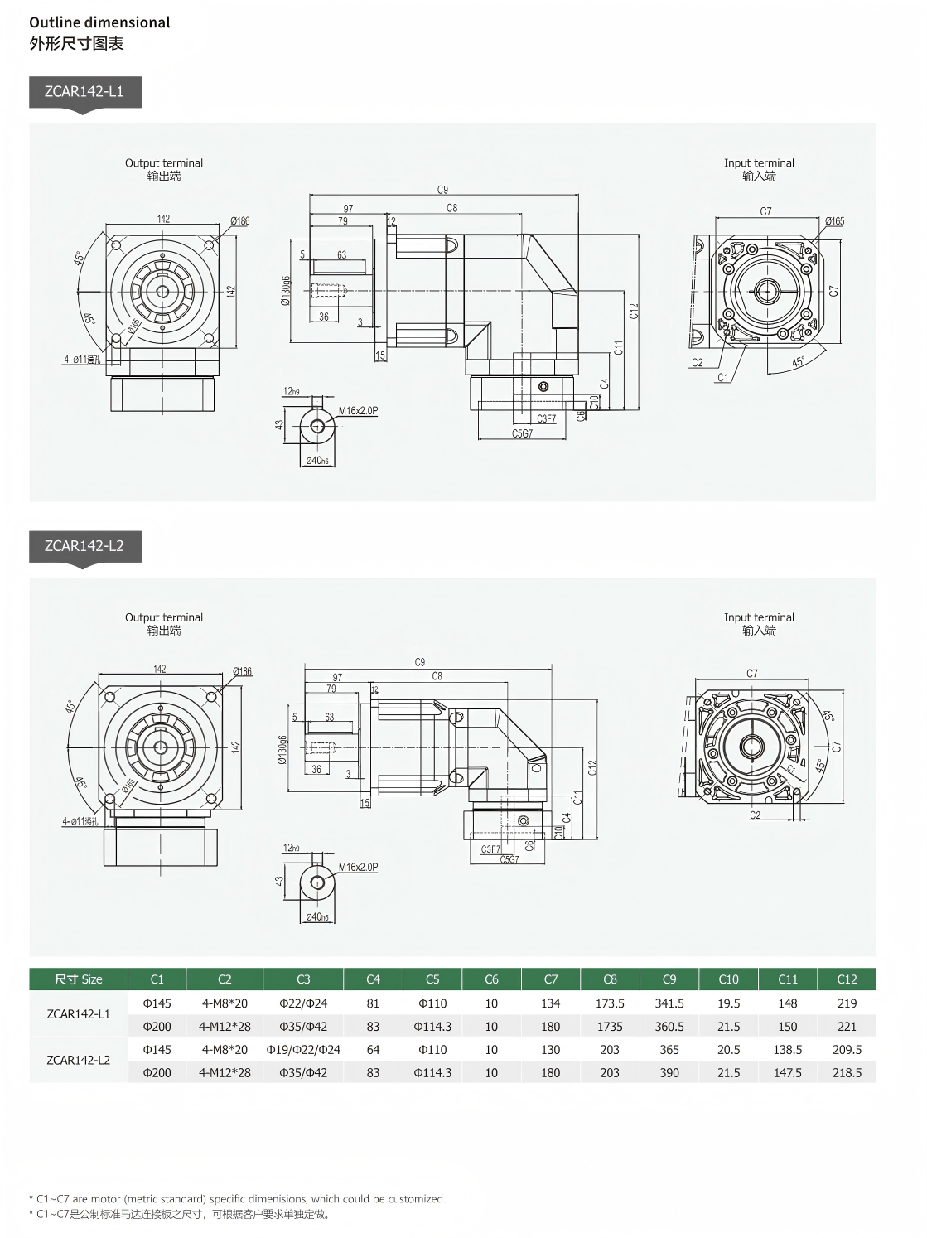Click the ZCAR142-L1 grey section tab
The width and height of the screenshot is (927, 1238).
[84, 92]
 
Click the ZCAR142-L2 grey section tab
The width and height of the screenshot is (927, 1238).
[84, 546]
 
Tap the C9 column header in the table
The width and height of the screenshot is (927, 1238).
[669, 979]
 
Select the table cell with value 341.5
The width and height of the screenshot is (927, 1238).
[669, 1003]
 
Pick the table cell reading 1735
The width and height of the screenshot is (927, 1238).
[610, 1027]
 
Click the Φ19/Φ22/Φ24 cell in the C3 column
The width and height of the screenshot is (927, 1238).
[303, 1050]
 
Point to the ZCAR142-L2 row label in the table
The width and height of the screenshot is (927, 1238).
[79, 1061]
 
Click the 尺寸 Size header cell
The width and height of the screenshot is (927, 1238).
[79, 979]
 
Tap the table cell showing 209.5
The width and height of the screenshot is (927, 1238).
[847, 1050]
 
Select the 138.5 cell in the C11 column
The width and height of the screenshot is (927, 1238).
[788, 1050]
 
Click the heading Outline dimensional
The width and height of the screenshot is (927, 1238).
[99, 22]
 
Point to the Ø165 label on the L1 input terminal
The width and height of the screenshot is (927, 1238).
[834, 221]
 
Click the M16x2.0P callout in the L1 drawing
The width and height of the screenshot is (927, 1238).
[358, 411]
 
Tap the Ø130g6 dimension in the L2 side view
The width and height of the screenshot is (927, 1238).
[282, 749]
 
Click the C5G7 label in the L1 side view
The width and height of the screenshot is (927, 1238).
[522, 433]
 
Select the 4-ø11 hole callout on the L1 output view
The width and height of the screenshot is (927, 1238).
[82, 360]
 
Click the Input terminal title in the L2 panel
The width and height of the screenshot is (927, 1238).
[759, 617]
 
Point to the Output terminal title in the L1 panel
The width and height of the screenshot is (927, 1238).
[164, 163]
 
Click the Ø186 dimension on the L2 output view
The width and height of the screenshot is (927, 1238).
[242, 671]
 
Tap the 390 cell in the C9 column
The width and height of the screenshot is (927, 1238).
[669, 1073]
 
